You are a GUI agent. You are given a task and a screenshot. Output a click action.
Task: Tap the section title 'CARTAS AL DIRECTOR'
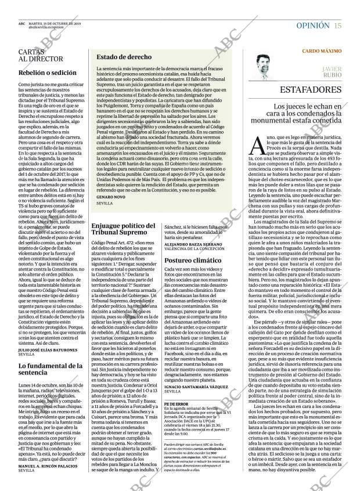41,55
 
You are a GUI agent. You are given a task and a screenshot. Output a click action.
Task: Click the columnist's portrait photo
265,65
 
